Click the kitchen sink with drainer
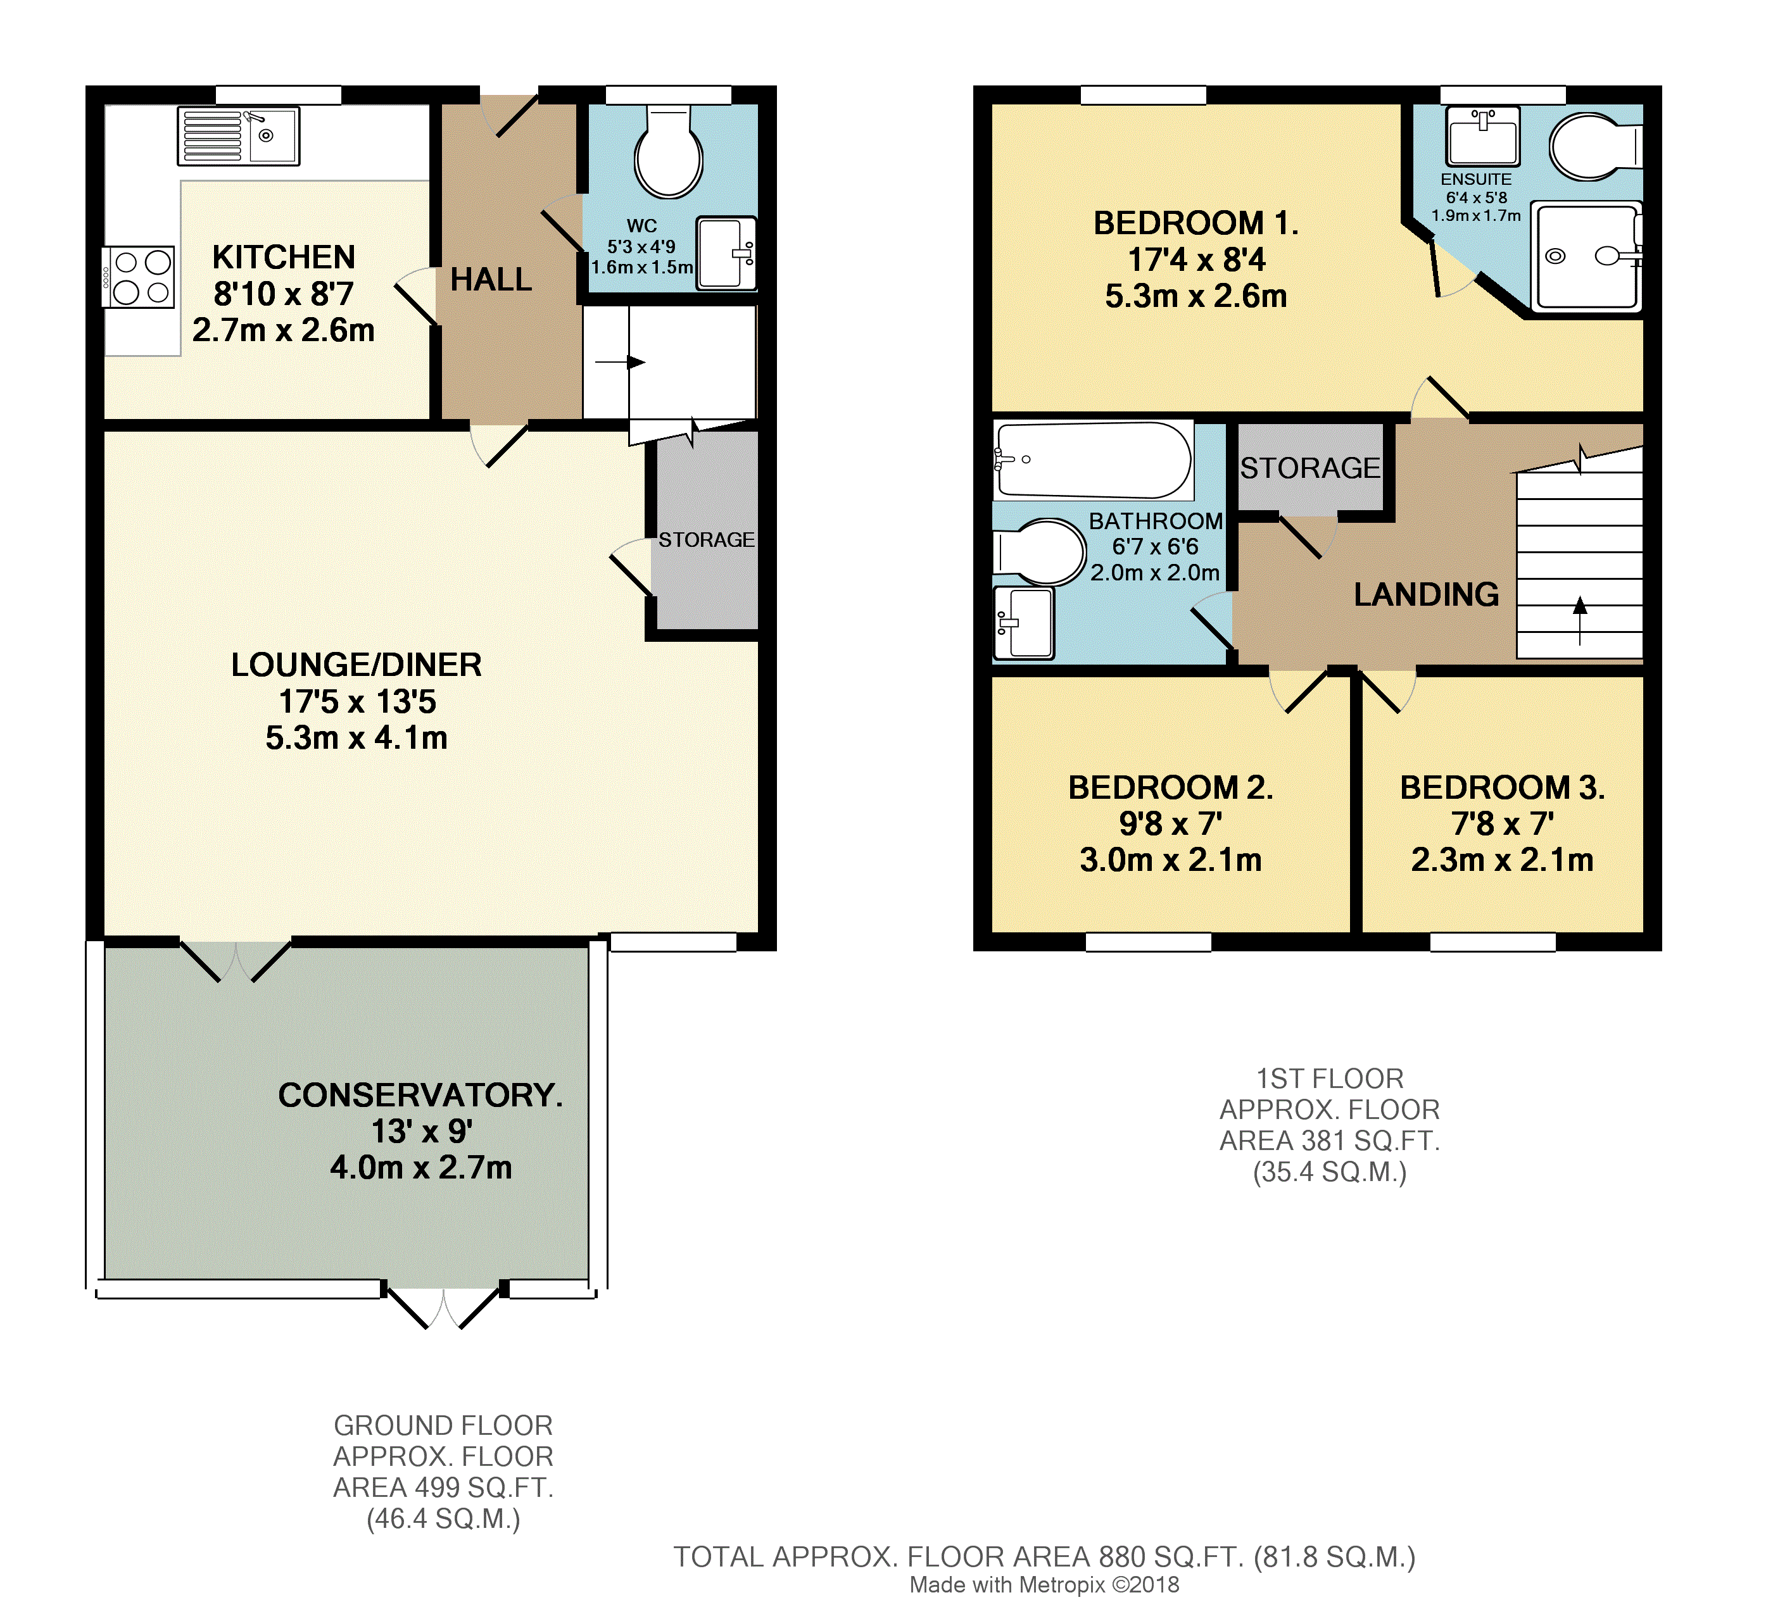238,135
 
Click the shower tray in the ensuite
1586,257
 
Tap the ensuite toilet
1590,147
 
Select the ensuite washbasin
1483,136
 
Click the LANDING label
1425,595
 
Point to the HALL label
491,280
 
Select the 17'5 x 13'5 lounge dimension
357,702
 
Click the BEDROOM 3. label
1502,788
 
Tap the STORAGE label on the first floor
1309,468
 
